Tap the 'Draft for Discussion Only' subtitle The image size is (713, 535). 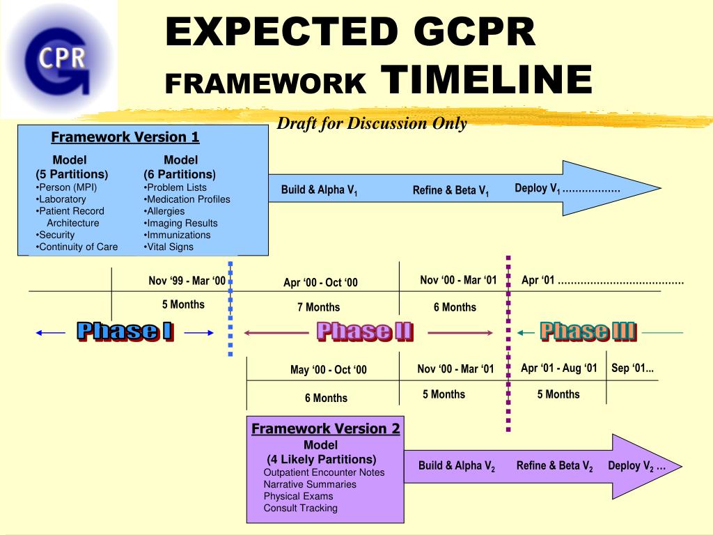tap(372, 124)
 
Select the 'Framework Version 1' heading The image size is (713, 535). tap(125, 137)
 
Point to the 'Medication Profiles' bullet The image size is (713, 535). tap(187, 199)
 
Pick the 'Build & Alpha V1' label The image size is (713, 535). tap(319, 190)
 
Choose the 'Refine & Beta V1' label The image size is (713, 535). tap(450, 191)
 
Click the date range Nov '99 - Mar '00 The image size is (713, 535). tap(187, 281)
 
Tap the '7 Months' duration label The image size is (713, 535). tap(318, 307)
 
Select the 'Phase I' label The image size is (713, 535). tap(125, 332)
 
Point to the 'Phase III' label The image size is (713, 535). tap(588, 332)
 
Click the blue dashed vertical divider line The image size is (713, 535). tap(230, 307)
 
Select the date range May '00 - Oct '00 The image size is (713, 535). tap(328, 370)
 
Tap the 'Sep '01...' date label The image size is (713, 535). tap(632, 369)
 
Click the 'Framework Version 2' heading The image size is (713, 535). tap(325, 428)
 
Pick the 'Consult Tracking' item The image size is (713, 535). tap(300, 508)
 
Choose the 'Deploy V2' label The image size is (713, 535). tap(636, 466)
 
